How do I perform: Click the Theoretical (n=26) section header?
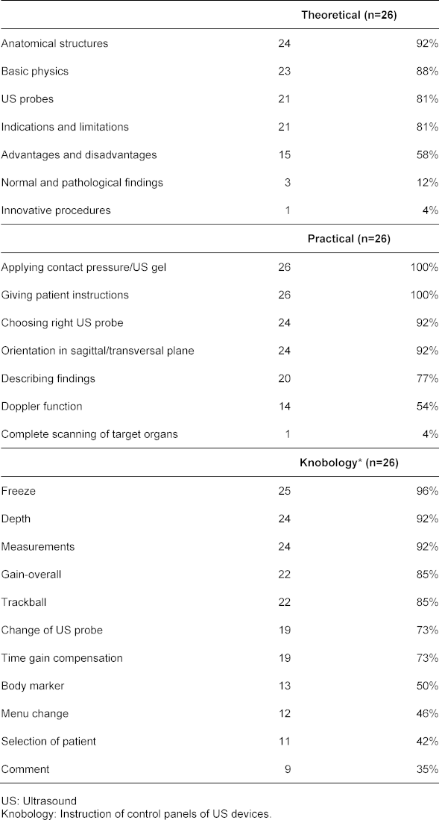point(349,15)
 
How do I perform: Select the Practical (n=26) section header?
point(349,239)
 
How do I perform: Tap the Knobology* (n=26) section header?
point(349,463)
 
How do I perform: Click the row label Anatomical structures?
point(54,43)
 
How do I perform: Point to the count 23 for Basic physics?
point(284,71)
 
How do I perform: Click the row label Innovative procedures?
point(56,210)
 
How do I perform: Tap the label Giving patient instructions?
point(65,295)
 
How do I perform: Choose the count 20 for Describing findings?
point(284,378)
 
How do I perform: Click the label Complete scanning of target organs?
point(89,434)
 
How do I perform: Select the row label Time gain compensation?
point(62,658)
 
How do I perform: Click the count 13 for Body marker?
point(284,686)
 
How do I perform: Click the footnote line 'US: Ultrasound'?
point(39,801)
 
